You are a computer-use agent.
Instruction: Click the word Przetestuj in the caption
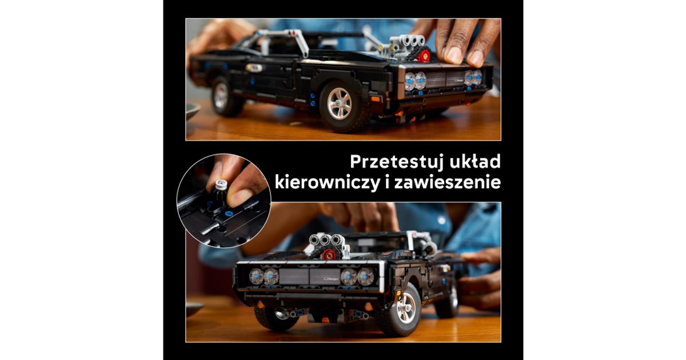pos(396,162)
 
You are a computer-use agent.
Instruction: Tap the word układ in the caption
pos(475,161)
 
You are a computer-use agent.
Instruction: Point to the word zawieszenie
pos(448,182)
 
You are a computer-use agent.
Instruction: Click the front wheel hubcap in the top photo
pos(340,103)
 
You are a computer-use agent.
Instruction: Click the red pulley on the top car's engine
pos(424,55)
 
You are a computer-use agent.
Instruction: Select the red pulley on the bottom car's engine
pos(329,254)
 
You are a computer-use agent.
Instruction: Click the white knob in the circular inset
pos(221,185)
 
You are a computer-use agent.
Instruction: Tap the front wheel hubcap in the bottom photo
pos(406,307)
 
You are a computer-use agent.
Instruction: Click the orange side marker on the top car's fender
pos(376,98)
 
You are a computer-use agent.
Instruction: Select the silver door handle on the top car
pos(254,67)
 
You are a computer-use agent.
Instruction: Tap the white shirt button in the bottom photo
pos(441,220)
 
